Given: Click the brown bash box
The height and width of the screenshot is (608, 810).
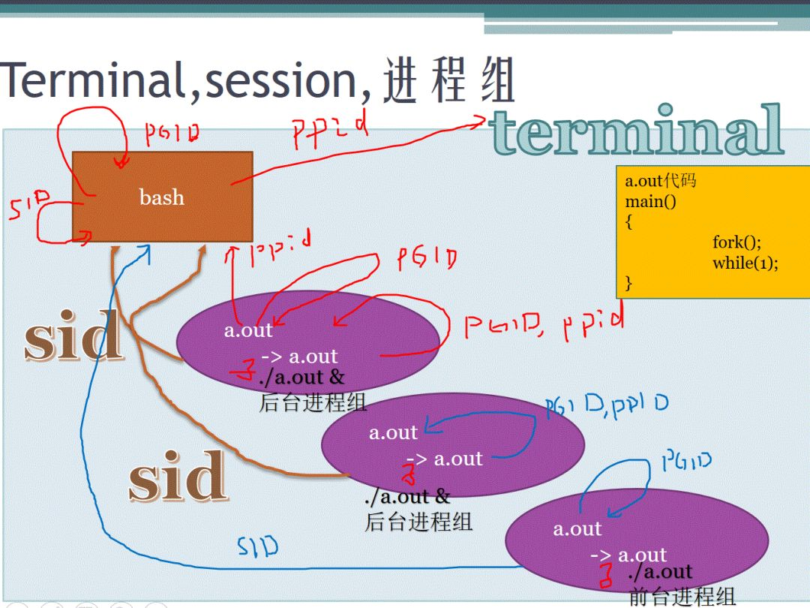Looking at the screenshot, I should [162, 197].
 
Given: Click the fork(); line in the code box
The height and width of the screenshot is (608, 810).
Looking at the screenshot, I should [736, 242].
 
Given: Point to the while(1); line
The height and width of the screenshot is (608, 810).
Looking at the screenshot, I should [745, 263].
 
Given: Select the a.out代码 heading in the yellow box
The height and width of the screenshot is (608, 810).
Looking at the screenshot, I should [661, 182].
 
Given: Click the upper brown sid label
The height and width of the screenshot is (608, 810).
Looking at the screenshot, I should [73, 337].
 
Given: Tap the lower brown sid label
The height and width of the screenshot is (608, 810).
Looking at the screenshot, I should [177, 476].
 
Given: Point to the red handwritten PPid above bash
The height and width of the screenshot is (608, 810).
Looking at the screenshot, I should [329, 132].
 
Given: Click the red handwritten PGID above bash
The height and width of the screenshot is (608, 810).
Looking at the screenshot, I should [172, 133].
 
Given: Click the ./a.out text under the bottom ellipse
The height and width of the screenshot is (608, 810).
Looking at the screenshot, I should [660, 572].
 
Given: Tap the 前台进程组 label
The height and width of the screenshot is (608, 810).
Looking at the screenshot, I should [682, 597].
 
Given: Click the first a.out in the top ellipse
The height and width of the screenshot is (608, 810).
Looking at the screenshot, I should [248, 330].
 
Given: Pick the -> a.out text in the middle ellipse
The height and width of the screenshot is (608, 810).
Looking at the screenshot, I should [445, 459].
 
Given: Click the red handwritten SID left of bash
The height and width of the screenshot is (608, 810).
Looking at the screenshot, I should [29, 206].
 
